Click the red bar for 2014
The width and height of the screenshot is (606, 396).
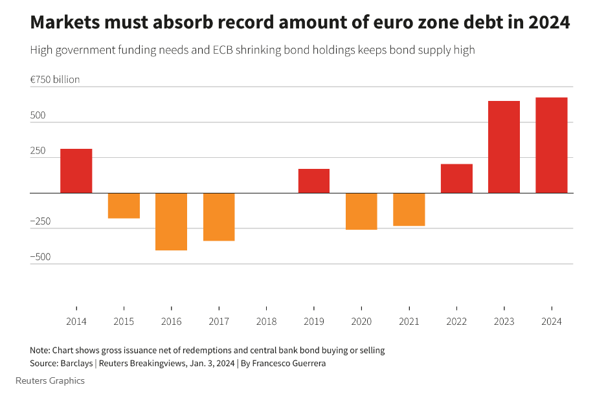pyautogui.click(x=76, y=171)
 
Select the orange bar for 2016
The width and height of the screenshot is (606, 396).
pyautogui.click(x=171, y=221)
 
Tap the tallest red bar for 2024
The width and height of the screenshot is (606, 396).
pyautogui.click(x=551, y=145)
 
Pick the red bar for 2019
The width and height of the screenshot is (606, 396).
pyautogui.click(x=313, y=181)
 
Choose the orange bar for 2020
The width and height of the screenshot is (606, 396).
pyautogui.click(x=361, y=211)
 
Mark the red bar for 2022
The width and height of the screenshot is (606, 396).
pyautogui.click(x=456, y=179)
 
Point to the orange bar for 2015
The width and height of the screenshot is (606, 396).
pyautogui.click(x=124, y=205)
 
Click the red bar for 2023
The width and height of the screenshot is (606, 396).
pyautogui.click(x=504, y=147)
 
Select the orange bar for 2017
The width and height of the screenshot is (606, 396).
pyautogui.click(x=219, y=217)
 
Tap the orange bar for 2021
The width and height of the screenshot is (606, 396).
pyautogui.click(x=409, y=209)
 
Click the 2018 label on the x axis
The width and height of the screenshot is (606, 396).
pyautogui.click(x=266, y=322)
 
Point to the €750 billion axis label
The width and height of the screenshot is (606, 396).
pyautogui.click(x=55, y=80)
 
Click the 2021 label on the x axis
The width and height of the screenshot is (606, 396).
pyautogui.click(x=409, y=322)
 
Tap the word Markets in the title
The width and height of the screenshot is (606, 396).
pyautogui.click(x=65, y=23)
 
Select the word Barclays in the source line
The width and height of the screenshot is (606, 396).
pyautogui.click(x=78, y=363)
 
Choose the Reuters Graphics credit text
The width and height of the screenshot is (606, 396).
pyautogui.click(x=50, y=380)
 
